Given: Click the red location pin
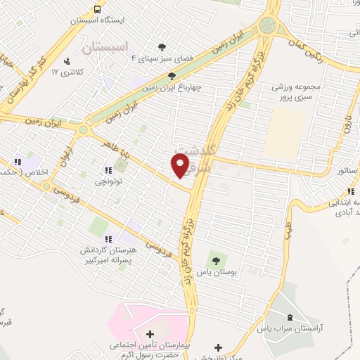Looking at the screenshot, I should pos(181,165).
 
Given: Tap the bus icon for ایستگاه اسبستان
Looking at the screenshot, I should pos(97,9).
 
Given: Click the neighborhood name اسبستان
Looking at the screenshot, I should pos(105,48).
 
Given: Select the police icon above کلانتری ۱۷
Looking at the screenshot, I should pos(67,60).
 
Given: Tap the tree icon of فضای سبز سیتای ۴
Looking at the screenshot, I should pos(163,47).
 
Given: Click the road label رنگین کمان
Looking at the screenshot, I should pos(310,51).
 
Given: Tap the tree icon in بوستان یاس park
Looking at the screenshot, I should pos(216,263).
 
